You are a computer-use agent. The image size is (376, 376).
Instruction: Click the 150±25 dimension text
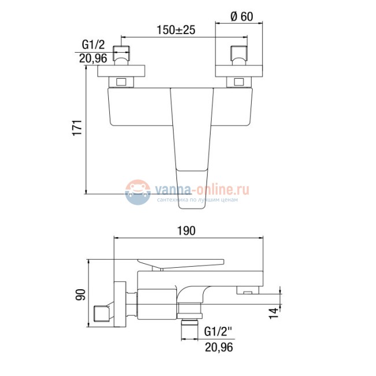[x=175, y=30]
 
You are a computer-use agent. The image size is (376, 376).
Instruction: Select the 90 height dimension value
[x=80, y=295]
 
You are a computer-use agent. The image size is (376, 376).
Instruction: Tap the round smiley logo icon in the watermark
[x=137, y=191]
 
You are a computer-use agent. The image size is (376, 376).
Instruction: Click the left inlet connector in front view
[x=122, y=55]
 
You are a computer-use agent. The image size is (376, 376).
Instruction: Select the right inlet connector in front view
[x=238, y=55]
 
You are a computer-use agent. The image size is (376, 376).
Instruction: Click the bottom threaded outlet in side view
[x=190, y=325]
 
